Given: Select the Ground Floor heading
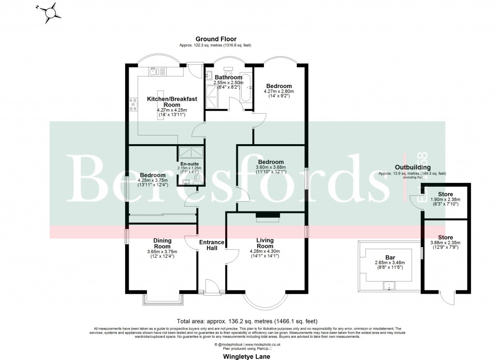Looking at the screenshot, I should click(215, 39).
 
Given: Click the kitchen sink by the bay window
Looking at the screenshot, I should click(154, 72).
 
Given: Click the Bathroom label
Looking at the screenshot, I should click(229, 77).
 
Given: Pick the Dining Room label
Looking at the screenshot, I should click(162, 243).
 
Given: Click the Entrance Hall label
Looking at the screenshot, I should click(212, 245).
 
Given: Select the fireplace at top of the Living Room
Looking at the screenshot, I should click(267, 216).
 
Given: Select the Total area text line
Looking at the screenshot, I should click(248, 321).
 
